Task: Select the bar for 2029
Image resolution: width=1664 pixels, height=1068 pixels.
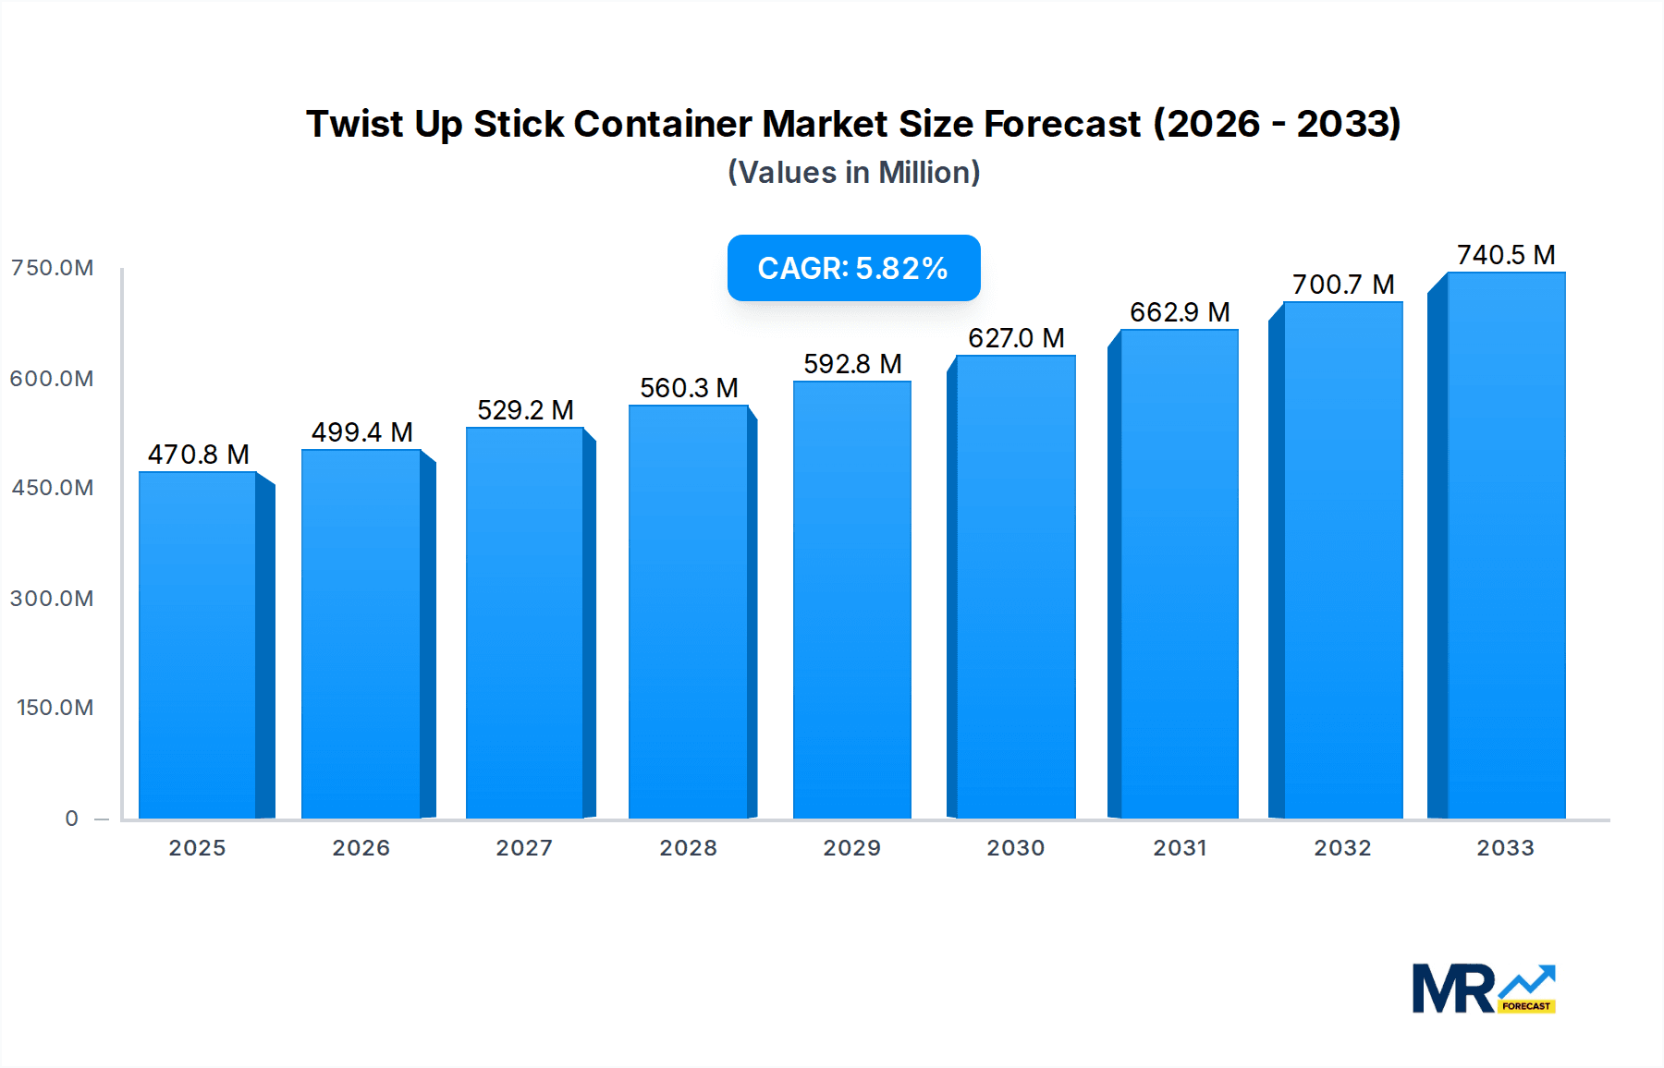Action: (852, 601)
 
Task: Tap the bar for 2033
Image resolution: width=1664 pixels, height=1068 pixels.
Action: (1506, 545)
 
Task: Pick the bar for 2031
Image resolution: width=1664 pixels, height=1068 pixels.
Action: (1180, 573)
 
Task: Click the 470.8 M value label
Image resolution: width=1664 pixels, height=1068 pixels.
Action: (199, 455)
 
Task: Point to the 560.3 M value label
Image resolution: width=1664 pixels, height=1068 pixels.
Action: (689, 388)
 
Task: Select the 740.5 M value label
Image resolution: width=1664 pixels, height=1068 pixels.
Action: (1506, 255)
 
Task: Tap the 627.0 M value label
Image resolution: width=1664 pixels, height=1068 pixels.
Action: (1016, 338)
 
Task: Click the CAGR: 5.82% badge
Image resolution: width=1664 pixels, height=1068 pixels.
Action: (853, 268)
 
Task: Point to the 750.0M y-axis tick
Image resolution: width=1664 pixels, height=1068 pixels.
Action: (53, 268)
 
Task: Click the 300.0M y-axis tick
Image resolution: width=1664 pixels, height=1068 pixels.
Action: (53, 599)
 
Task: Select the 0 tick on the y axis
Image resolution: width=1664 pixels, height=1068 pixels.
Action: (72, 819)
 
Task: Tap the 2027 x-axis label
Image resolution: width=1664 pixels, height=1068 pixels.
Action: (524, 848)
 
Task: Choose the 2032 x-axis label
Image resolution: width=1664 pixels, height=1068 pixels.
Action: (1342, 848)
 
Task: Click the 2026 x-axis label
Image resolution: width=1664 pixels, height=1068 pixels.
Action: (361, 848)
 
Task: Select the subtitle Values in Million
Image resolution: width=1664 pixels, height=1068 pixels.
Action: (853, 173)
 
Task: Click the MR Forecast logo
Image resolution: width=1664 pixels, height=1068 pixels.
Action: (1484, 989)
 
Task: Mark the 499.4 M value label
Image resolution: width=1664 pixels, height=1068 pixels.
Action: (361, 432)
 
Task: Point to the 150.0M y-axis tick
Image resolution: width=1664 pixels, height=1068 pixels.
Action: (55, 708)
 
